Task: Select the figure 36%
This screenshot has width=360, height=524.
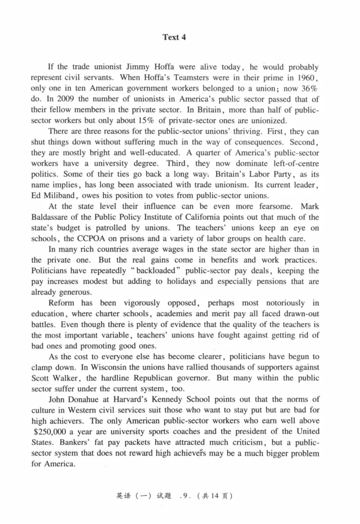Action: [x=310, y=89]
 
